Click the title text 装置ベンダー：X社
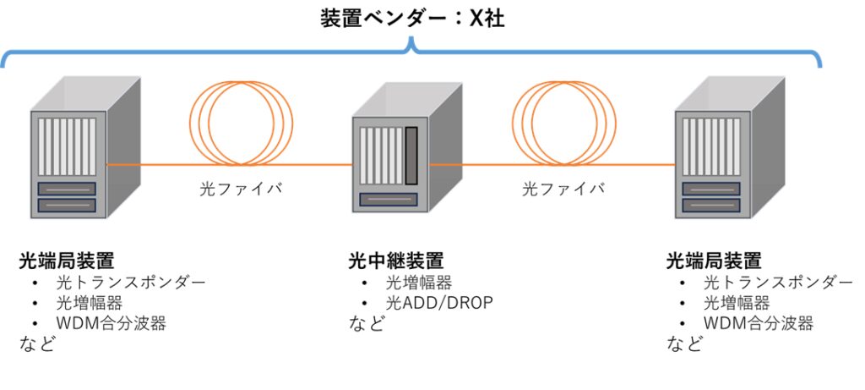tap(412, 19)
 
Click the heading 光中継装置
tap(395, 261)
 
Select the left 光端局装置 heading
tap(67, 261)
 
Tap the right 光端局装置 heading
tap(714, 261)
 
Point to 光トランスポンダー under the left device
tap(131, 283)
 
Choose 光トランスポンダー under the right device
tap(778, 283)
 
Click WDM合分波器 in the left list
tap(111, 323)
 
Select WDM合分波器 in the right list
tap(759, 323)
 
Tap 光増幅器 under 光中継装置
tap(419, 283)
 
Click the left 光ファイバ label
tap(241, 189)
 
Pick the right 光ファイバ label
tap(563, 189)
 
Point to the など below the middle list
tap(367, 323)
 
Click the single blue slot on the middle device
tap(389, 199)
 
